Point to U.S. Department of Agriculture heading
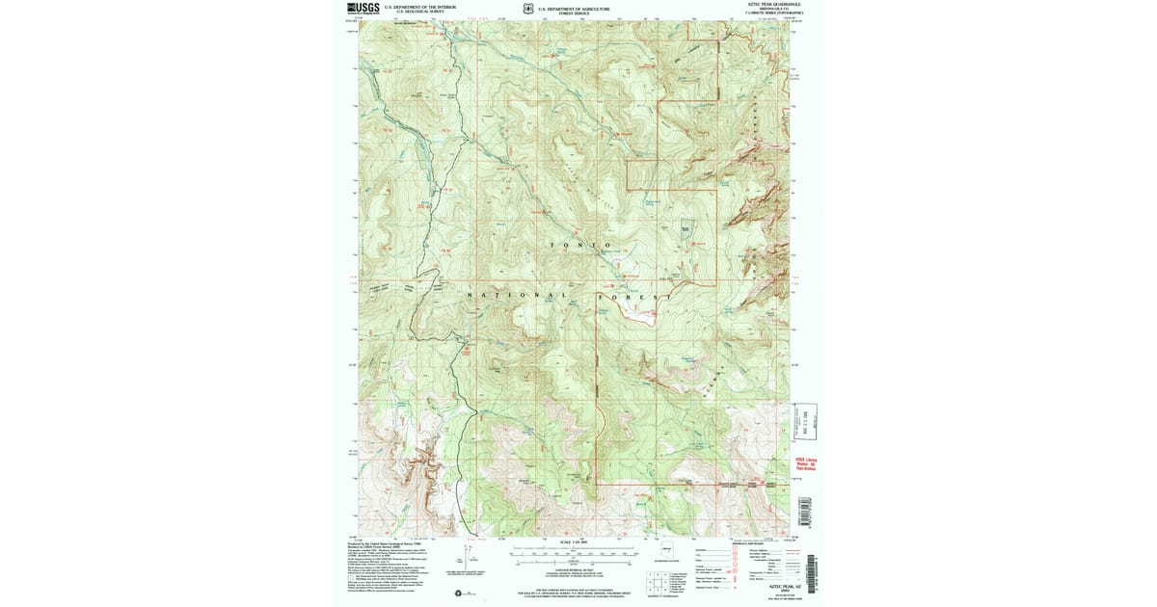coord(575,7)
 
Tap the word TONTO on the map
coord(580,246)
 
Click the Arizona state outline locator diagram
coord(666,552)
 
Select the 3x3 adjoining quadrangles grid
coord(657,582)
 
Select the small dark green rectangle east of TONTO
coord(686,229)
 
